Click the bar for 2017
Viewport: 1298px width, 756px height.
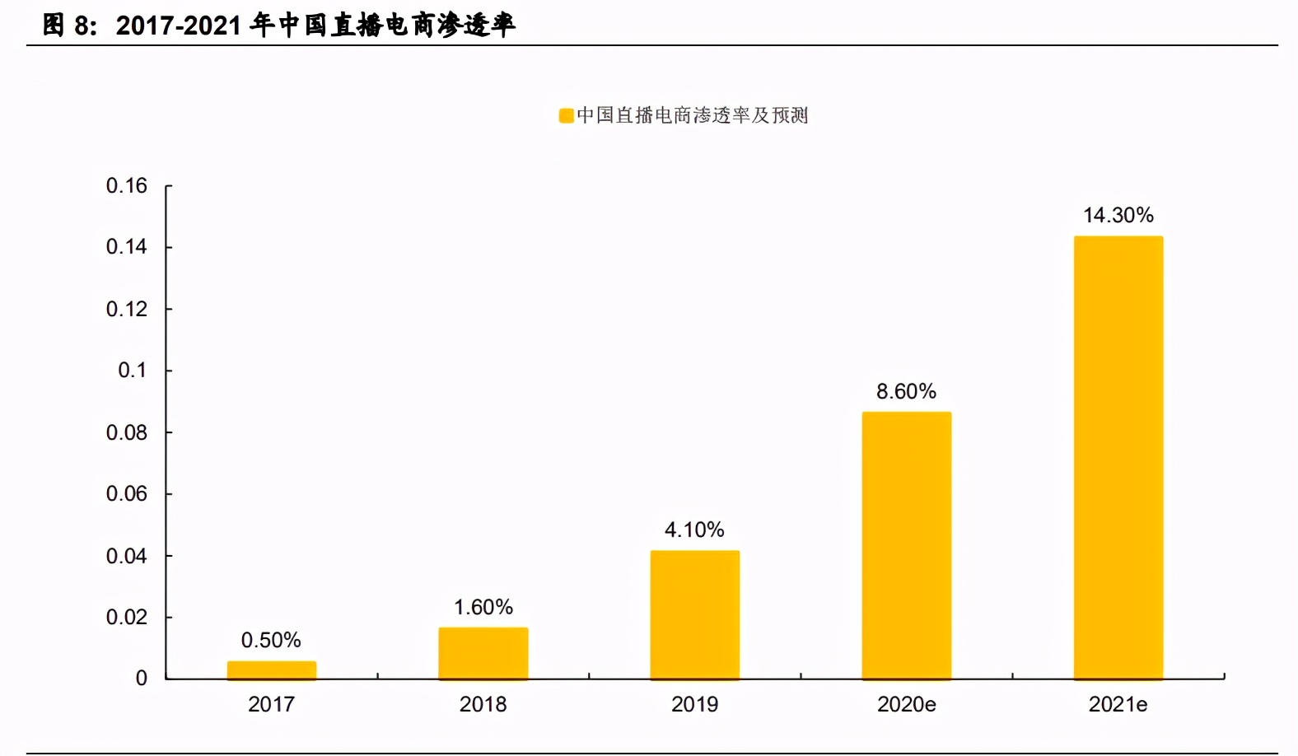[x=272, y=670]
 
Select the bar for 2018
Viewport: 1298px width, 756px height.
[x=483, y=654]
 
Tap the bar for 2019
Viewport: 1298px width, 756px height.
[x=695, y=615]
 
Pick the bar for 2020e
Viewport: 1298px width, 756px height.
[x=907, y=545]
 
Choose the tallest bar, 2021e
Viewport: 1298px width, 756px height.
[x=1118, y=458]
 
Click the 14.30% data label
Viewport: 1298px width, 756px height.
[x=1118, y=216]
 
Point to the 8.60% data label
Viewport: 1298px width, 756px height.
[x=906, y=392]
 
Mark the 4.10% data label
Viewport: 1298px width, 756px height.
[x=694, y=530]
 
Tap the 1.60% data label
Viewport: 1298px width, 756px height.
[x=483, y=608]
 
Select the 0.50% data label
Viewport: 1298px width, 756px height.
[x=271, y=641]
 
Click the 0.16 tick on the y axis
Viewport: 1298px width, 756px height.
[x=127, y=186]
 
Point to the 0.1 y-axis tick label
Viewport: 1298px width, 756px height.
[x=133, y=371]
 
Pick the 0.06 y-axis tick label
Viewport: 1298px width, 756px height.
[x=127, y=494]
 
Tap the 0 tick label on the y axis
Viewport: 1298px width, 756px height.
[x=142, y=679]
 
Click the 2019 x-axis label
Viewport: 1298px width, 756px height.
[x=694, y=705]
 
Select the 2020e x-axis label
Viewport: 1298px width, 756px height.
[x=906, y=705]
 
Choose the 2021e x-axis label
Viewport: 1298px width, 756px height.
[x=1118, y=705]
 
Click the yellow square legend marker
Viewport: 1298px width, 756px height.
[x=567, y=116]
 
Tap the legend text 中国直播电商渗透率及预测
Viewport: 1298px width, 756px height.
[x=693, y=116]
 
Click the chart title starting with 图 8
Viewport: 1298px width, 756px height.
[x=278, y=26]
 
